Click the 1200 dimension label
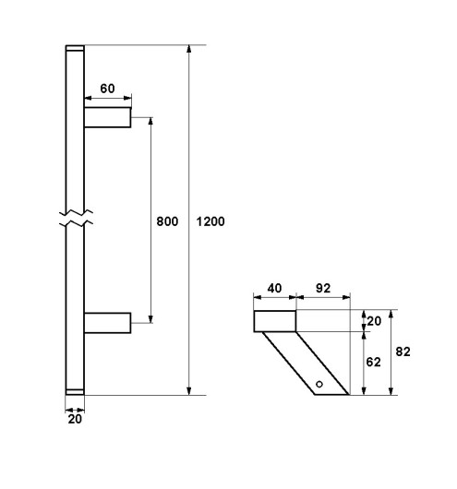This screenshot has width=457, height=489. (x=210, y=221)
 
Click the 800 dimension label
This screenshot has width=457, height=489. (x=167, y=221)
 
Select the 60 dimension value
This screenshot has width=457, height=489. (x=107, y=89)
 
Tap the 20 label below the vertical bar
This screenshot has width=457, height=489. (x=75, y=419)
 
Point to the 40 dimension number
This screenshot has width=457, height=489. (x=274, y=288)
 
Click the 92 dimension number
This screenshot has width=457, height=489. (x=323, y=288)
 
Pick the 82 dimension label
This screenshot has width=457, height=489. (x=403, y=352)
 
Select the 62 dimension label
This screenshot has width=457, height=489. (x=373, y=362)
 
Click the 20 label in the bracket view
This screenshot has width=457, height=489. (x=374, y=321)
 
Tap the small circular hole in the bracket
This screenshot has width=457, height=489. (x=319, y=384)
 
